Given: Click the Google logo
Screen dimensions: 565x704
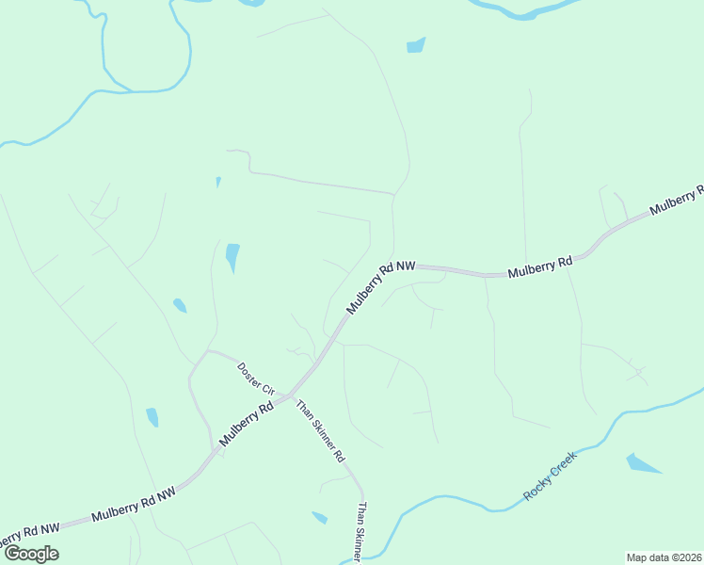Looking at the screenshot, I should [x=31, y=554].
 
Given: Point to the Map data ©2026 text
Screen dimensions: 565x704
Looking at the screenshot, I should [x=664, y=557].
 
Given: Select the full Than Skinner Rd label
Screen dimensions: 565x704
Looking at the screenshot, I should [x=321, y=431].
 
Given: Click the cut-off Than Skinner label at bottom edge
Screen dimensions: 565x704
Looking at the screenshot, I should [x=360, y=533].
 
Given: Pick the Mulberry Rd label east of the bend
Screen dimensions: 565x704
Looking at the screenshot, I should [x=540, y=270].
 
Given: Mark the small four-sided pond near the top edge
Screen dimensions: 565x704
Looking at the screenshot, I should [x=415, y=44].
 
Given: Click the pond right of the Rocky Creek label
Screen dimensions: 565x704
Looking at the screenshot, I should [x=642, y=463].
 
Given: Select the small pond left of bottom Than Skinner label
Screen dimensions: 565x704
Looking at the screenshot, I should [x=320, y=517].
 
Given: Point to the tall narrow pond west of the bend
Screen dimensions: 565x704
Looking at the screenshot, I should [x=232, y=257].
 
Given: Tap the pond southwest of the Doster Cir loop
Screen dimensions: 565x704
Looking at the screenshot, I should [x=152, y=417].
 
